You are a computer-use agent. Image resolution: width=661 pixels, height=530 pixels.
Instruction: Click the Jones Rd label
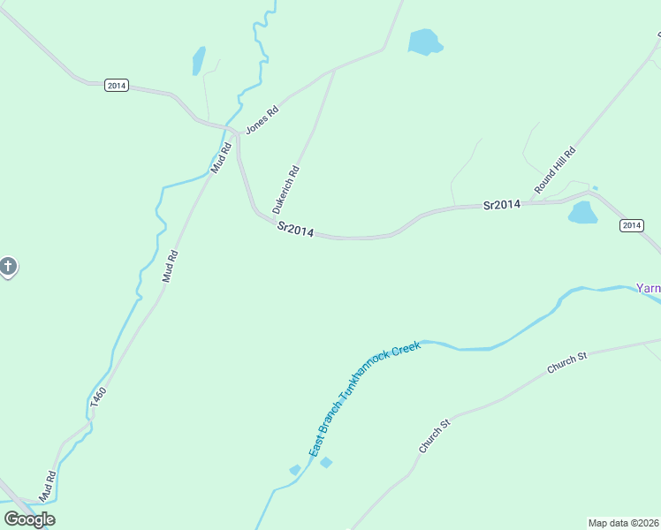(262, 120)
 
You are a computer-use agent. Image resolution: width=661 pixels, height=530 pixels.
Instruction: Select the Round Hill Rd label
(555, 170)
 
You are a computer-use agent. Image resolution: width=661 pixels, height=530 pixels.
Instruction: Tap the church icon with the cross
(8, 266)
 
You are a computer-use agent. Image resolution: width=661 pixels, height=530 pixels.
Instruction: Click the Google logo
(29, 519)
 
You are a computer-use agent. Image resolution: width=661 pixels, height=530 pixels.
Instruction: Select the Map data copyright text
(624, 522)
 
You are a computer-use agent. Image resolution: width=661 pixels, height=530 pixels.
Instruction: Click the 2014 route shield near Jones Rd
(116, 85)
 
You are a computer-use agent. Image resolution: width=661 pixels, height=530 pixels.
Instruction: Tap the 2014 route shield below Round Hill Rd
(631, 225)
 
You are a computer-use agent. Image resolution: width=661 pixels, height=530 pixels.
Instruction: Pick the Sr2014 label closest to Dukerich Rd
(295, 230)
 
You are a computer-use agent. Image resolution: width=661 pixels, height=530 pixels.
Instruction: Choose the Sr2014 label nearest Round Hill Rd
(501, 205)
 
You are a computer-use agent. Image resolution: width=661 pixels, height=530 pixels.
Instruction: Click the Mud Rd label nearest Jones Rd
(221, 158)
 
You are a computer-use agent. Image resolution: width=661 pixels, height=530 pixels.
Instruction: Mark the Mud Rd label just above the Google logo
(48, 486)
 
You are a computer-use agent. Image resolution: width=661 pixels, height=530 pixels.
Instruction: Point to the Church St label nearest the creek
(567, 363)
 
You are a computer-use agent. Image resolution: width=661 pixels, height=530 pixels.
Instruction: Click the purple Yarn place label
(649, 288)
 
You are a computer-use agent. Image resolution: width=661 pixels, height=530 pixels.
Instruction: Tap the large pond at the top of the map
(425, 42)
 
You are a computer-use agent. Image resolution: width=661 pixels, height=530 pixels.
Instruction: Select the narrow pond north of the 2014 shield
(199, 61)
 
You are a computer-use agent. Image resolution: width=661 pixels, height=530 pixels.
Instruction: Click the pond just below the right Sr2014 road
(582, 212)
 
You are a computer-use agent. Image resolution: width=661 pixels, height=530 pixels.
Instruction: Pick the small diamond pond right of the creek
(326, 462)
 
